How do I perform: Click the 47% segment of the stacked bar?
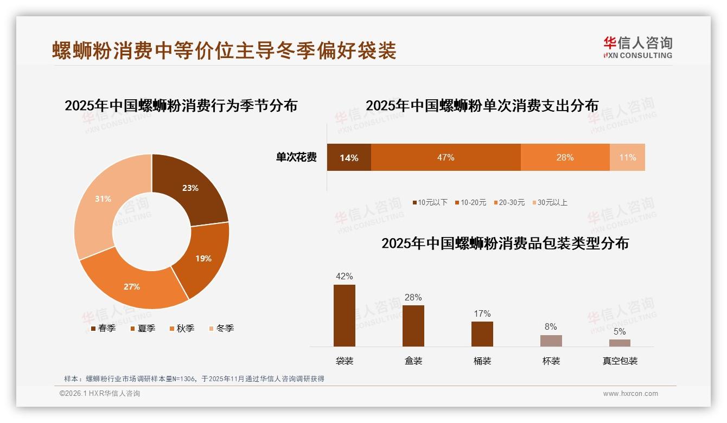point(445,157)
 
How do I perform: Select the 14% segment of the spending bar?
point(349,157)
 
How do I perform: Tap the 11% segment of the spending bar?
point(627,157)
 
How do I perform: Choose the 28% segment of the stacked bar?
point(565,157)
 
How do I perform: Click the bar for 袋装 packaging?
point(345,316)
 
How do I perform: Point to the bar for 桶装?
point(482,334)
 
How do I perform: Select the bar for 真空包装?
point(620,343)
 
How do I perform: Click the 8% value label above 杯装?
point(551,326)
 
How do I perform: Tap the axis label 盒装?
point(413,361)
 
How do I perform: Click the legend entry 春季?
point(103,328)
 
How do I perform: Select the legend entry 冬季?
point(221,328)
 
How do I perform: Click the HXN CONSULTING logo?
point(637,48)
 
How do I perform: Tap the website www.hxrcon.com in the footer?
point(630,394)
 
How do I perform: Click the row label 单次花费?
point(296,157)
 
